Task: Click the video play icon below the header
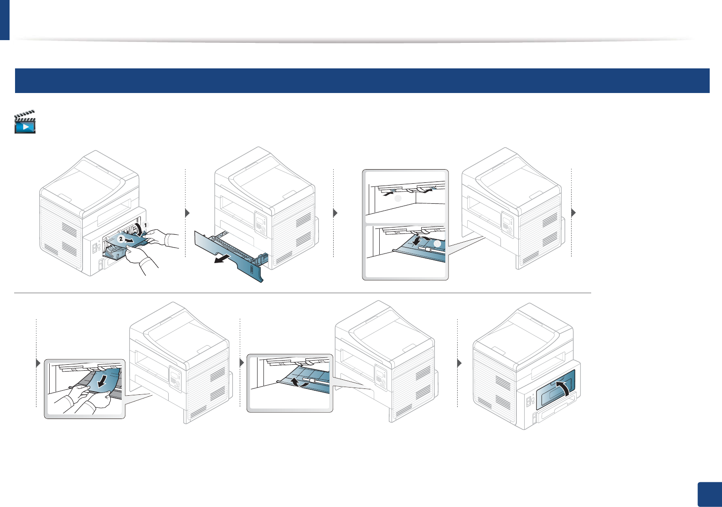click(25, 122)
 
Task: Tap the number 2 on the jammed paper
click(121, 238)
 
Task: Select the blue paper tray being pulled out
click(228, 255)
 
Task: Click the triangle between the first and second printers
click(187, 213)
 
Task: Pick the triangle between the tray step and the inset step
click(335, 213)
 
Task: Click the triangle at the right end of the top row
click(573, 212)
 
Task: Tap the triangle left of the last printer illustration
click(459, 363)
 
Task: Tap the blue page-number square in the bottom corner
click(710, 494)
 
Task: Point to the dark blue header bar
click(362, 81)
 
